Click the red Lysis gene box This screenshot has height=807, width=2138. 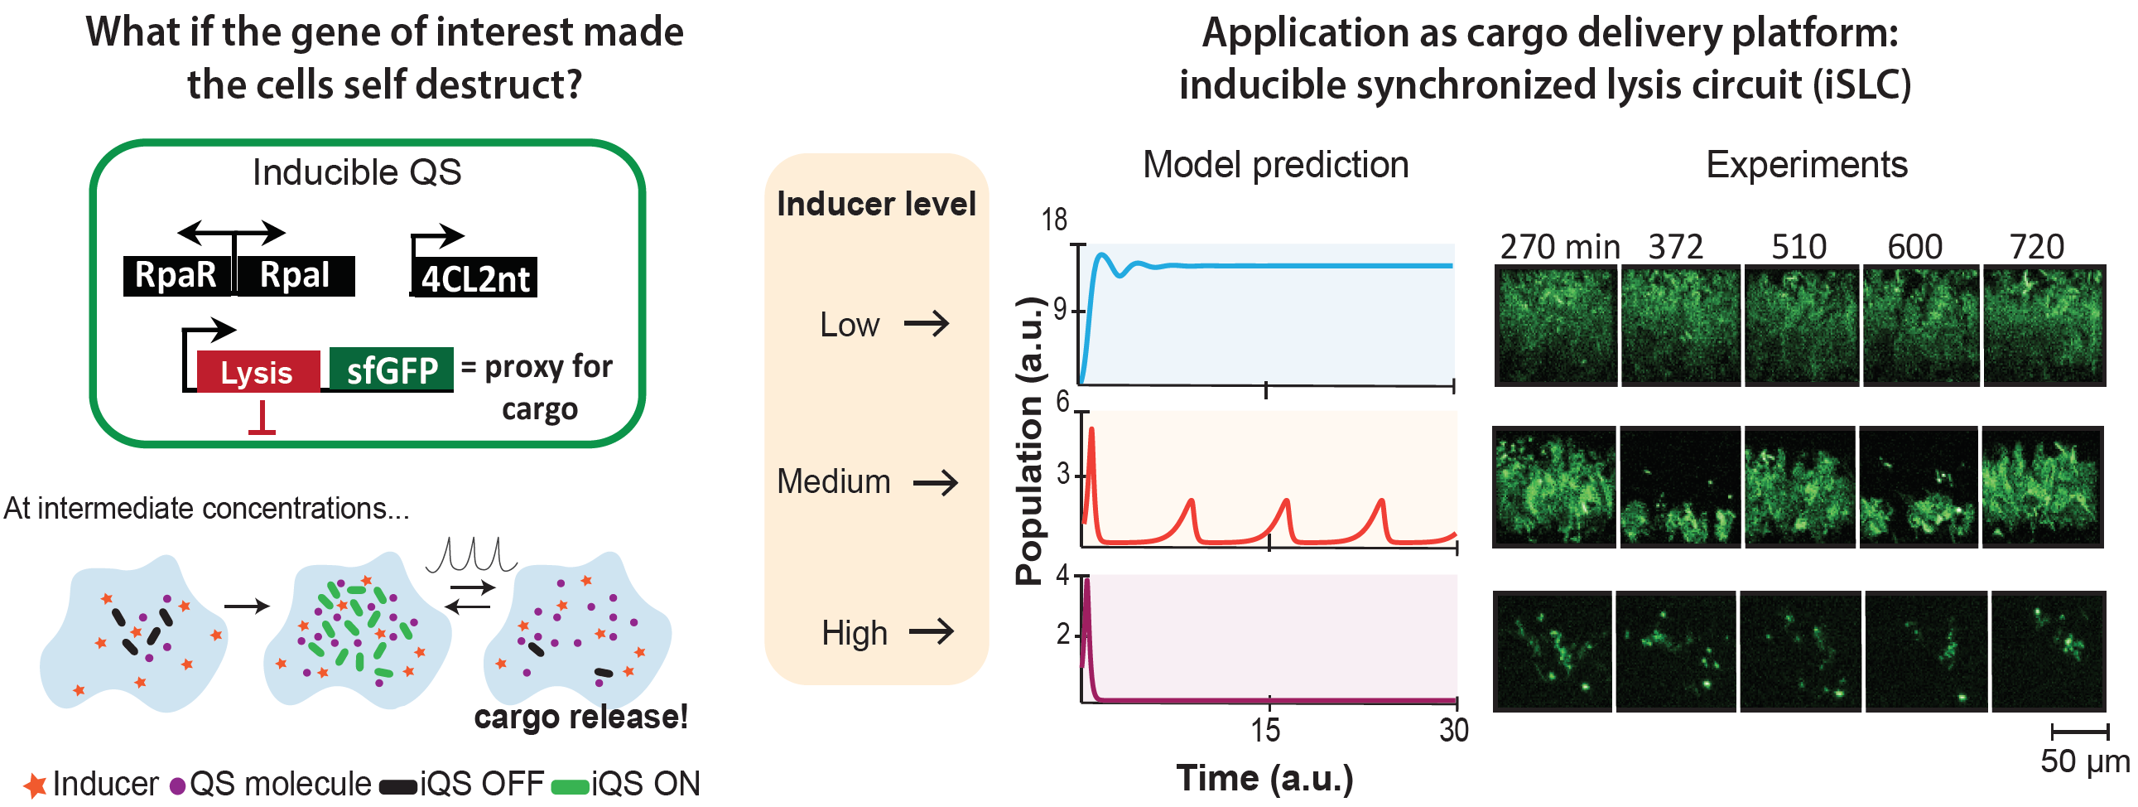tap(258, 371)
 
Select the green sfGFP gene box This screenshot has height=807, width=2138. tap(391, 370)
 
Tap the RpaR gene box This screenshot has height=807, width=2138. tap(176, 275)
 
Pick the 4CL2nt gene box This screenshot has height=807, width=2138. tap(474, 278)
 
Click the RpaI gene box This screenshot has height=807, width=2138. tap(296, 275)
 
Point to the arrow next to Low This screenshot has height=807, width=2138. tap(927, 323)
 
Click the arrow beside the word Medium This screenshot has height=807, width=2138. tap(936, 482)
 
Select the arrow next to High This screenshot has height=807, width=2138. tap(932, 632)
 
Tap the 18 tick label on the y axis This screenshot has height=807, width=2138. tap(1054, 220)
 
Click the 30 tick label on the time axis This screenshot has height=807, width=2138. tap(1453, 731)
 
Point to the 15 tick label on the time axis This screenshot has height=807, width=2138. tap(1266, 731)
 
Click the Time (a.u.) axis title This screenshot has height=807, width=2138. tap(1265, 779)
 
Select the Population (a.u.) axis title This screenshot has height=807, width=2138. tap(1029, 440)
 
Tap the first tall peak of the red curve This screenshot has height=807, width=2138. tap(1091, 430)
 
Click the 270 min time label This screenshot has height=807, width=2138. tap(1559, 248)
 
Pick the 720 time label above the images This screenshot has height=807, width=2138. tap(2037, 248)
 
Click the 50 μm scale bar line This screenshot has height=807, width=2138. tap(2079, 732)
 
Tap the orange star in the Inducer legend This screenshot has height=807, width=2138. tap(34, 785)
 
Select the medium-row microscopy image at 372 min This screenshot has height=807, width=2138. tap(1680, 486)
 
